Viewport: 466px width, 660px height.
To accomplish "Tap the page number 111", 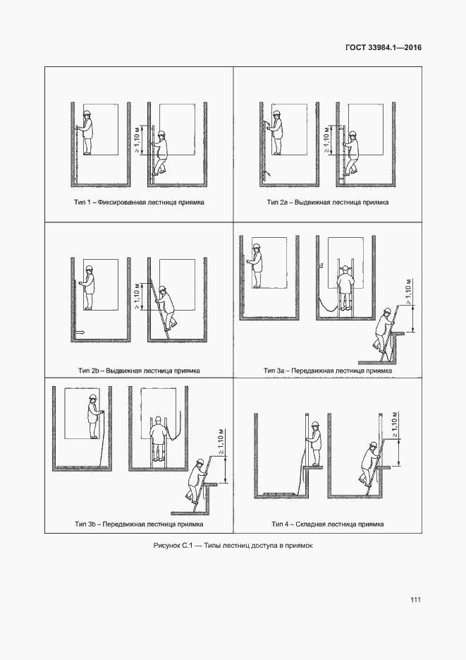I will [415, 600].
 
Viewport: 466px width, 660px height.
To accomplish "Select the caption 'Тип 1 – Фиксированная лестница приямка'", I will [139, 202].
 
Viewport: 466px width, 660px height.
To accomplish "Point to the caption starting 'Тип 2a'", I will [328, 202].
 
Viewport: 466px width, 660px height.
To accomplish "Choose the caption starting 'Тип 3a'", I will [327, 370].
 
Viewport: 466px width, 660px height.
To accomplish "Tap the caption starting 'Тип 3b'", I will [139, 524].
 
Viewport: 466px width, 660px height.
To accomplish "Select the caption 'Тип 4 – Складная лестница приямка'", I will [327, 524].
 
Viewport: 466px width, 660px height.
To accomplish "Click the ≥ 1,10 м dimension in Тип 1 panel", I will [137, 138].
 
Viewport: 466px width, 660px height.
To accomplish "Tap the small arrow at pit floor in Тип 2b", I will [79, 331].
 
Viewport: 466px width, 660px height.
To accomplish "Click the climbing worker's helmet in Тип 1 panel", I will [161, 132].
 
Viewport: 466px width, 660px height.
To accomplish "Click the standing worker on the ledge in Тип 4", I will [314, 443].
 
